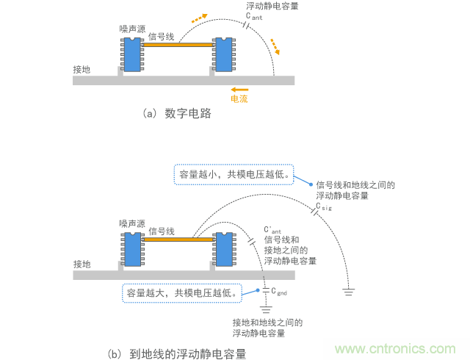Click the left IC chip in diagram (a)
[x=132, y=54]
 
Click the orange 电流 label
[x=239, y=98]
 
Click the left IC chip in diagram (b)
[x=132, y=250]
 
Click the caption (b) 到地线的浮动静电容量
[x=176, y=353]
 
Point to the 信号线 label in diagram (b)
[x=162, y=230]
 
